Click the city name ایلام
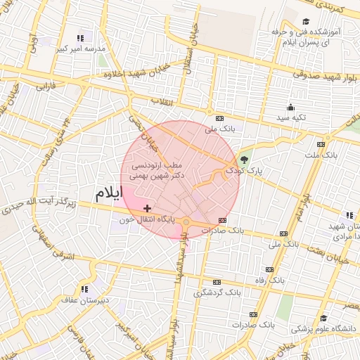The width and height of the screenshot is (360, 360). click(x=108, y=192)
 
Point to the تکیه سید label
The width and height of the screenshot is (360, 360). click(x=290, y=117)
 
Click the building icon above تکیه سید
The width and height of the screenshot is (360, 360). click(x=290, y=107)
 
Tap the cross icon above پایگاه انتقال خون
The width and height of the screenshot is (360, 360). click(x=147, y=208)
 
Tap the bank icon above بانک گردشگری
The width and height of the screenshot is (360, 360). click(x=217, y=281)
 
